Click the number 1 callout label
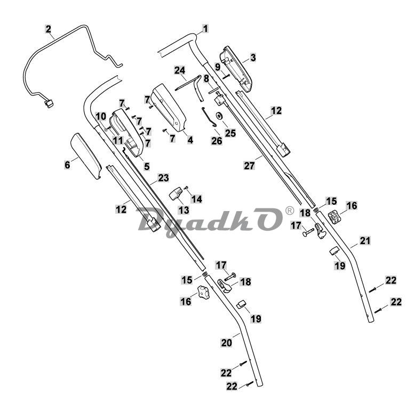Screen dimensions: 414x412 (205, 29)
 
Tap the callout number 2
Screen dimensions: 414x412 (48, 29)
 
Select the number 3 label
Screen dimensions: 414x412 (253, 58)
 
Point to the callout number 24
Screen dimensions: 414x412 (180, 71)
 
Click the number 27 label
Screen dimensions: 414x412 (249, 166)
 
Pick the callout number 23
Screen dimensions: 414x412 (163, 178)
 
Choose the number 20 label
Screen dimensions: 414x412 (227, 343)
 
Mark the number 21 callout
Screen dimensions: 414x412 (365, 241)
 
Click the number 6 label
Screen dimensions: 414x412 (67, 165)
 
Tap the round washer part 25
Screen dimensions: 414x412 (219, 116)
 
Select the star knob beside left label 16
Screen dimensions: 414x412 (203, 292)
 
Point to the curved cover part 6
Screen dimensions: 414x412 (86, 156)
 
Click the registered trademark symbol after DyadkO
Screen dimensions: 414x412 (290, 210)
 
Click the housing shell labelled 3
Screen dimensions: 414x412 (236, 69)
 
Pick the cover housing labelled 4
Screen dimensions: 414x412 (169, 108)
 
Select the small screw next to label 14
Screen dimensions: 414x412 (186, 188)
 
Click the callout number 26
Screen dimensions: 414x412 (217, 141)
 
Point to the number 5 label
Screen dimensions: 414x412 (147, 166)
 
